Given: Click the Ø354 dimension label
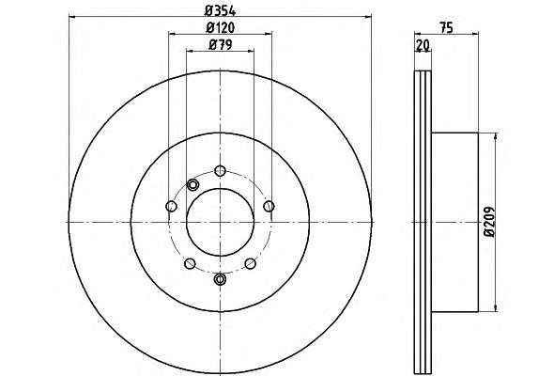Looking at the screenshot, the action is click(220, 11).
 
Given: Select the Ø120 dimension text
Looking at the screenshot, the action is click(220, 27).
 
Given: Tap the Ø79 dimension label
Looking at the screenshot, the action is click(221, 45).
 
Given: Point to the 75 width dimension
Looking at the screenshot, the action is click(447, 27).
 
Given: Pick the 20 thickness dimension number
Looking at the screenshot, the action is click(423, 45).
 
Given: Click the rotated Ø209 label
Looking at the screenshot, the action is click(490, 222).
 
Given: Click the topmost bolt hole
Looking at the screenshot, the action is click(220, 171).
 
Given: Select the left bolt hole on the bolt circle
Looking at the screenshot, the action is click(171, 206).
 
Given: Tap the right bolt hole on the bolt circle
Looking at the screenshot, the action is click(269, 206).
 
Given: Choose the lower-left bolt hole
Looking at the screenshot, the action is click(190, 263).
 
